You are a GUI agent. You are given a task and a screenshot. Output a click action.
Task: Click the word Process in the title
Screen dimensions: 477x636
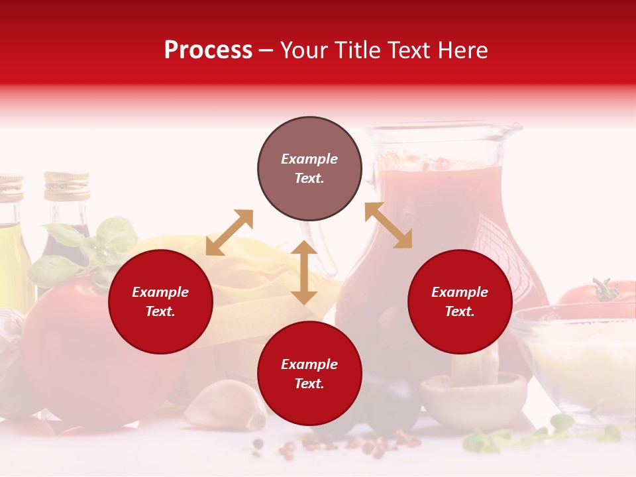coord(208,50)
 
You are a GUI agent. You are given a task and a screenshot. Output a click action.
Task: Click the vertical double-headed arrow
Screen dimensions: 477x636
coord(304,272)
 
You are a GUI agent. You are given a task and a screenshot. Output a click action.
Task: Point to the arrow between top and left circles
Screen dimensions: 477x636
coord(229,232)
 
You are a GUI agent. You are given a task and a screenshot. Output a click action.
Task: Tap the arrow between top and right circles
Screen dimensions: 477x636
coord(389,225)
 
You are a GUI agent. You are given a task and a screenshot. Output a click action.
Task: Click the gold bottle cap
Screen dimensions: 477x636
coord(66,186)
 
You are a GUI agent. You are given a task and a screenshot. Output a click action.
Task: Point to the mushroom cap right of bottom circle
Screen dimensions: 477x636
coord(474,394)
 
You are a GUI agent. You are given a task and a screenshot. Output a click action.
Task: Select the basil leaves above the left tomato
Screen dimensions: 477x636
coord(93,248)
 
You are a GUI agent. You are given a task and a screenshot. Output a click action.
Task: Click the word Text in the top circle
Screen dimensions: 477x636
coord(309,178)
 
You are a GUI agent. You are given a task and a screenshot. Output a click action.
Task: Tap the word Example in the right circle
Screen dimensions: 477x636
coord(460,292)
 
